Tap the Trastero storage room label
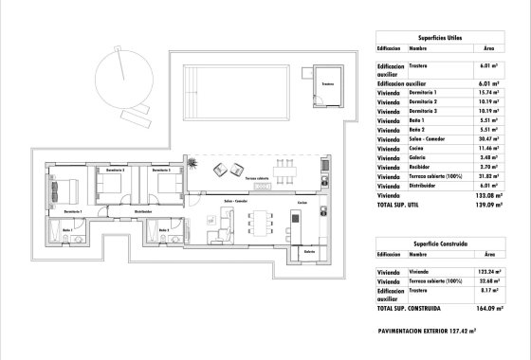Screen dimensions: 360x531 pos(328,84)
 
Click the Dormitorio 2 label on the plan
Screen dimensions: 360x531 pos(111,171)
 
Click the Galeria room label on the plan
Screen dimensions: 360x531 pos(309,252)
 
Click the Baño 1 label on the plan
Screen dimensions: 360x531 pos(67,230)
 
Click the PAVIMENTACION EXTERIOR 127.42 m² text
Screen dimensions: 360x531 pos(433,332)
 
